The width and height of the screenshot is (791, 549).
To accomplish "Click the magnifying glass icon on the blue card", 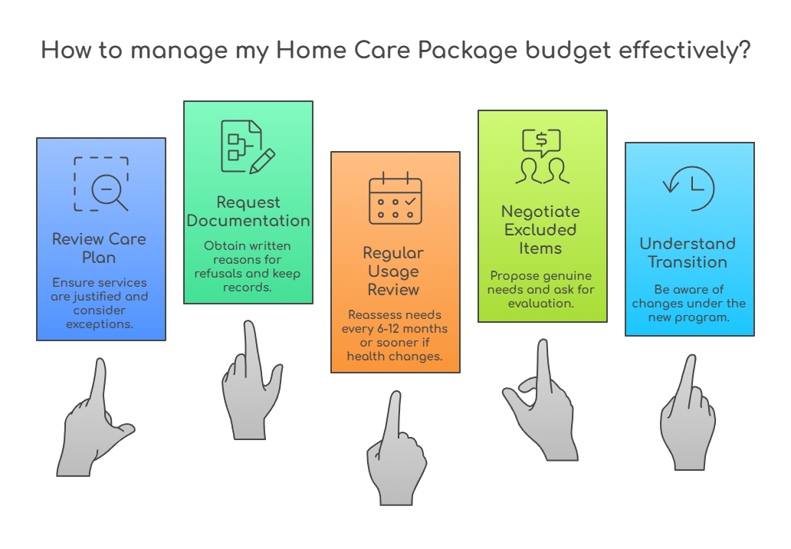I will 101,184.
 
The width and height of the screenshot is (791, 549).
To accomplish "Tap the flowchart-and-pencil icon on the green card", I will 248,146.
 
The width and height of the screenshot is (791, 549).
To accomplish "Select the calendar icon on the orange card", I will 395,199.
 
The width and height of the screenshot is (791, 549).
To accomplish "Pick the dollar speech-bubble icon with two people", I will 542,156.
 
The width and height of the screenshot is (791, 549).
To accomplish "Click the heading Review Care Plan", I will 99,248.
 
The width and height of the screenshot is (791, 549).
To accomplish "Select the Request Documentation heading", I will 248,212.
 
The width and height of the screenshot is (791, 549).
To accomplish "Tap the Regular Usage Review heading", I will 395,271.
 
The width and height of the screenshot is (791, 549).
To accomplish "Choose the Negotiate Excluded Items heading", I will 541,229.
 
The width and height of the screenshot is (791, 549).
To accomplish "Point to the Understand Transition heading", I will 688,252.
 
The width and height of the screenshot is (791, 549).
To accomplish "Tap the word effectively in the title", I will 678,51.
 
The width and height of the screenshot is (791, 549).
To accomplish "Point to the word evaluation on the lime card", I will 541,303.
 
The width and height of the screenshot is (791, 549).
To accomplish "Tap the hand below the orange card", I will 395,452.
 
